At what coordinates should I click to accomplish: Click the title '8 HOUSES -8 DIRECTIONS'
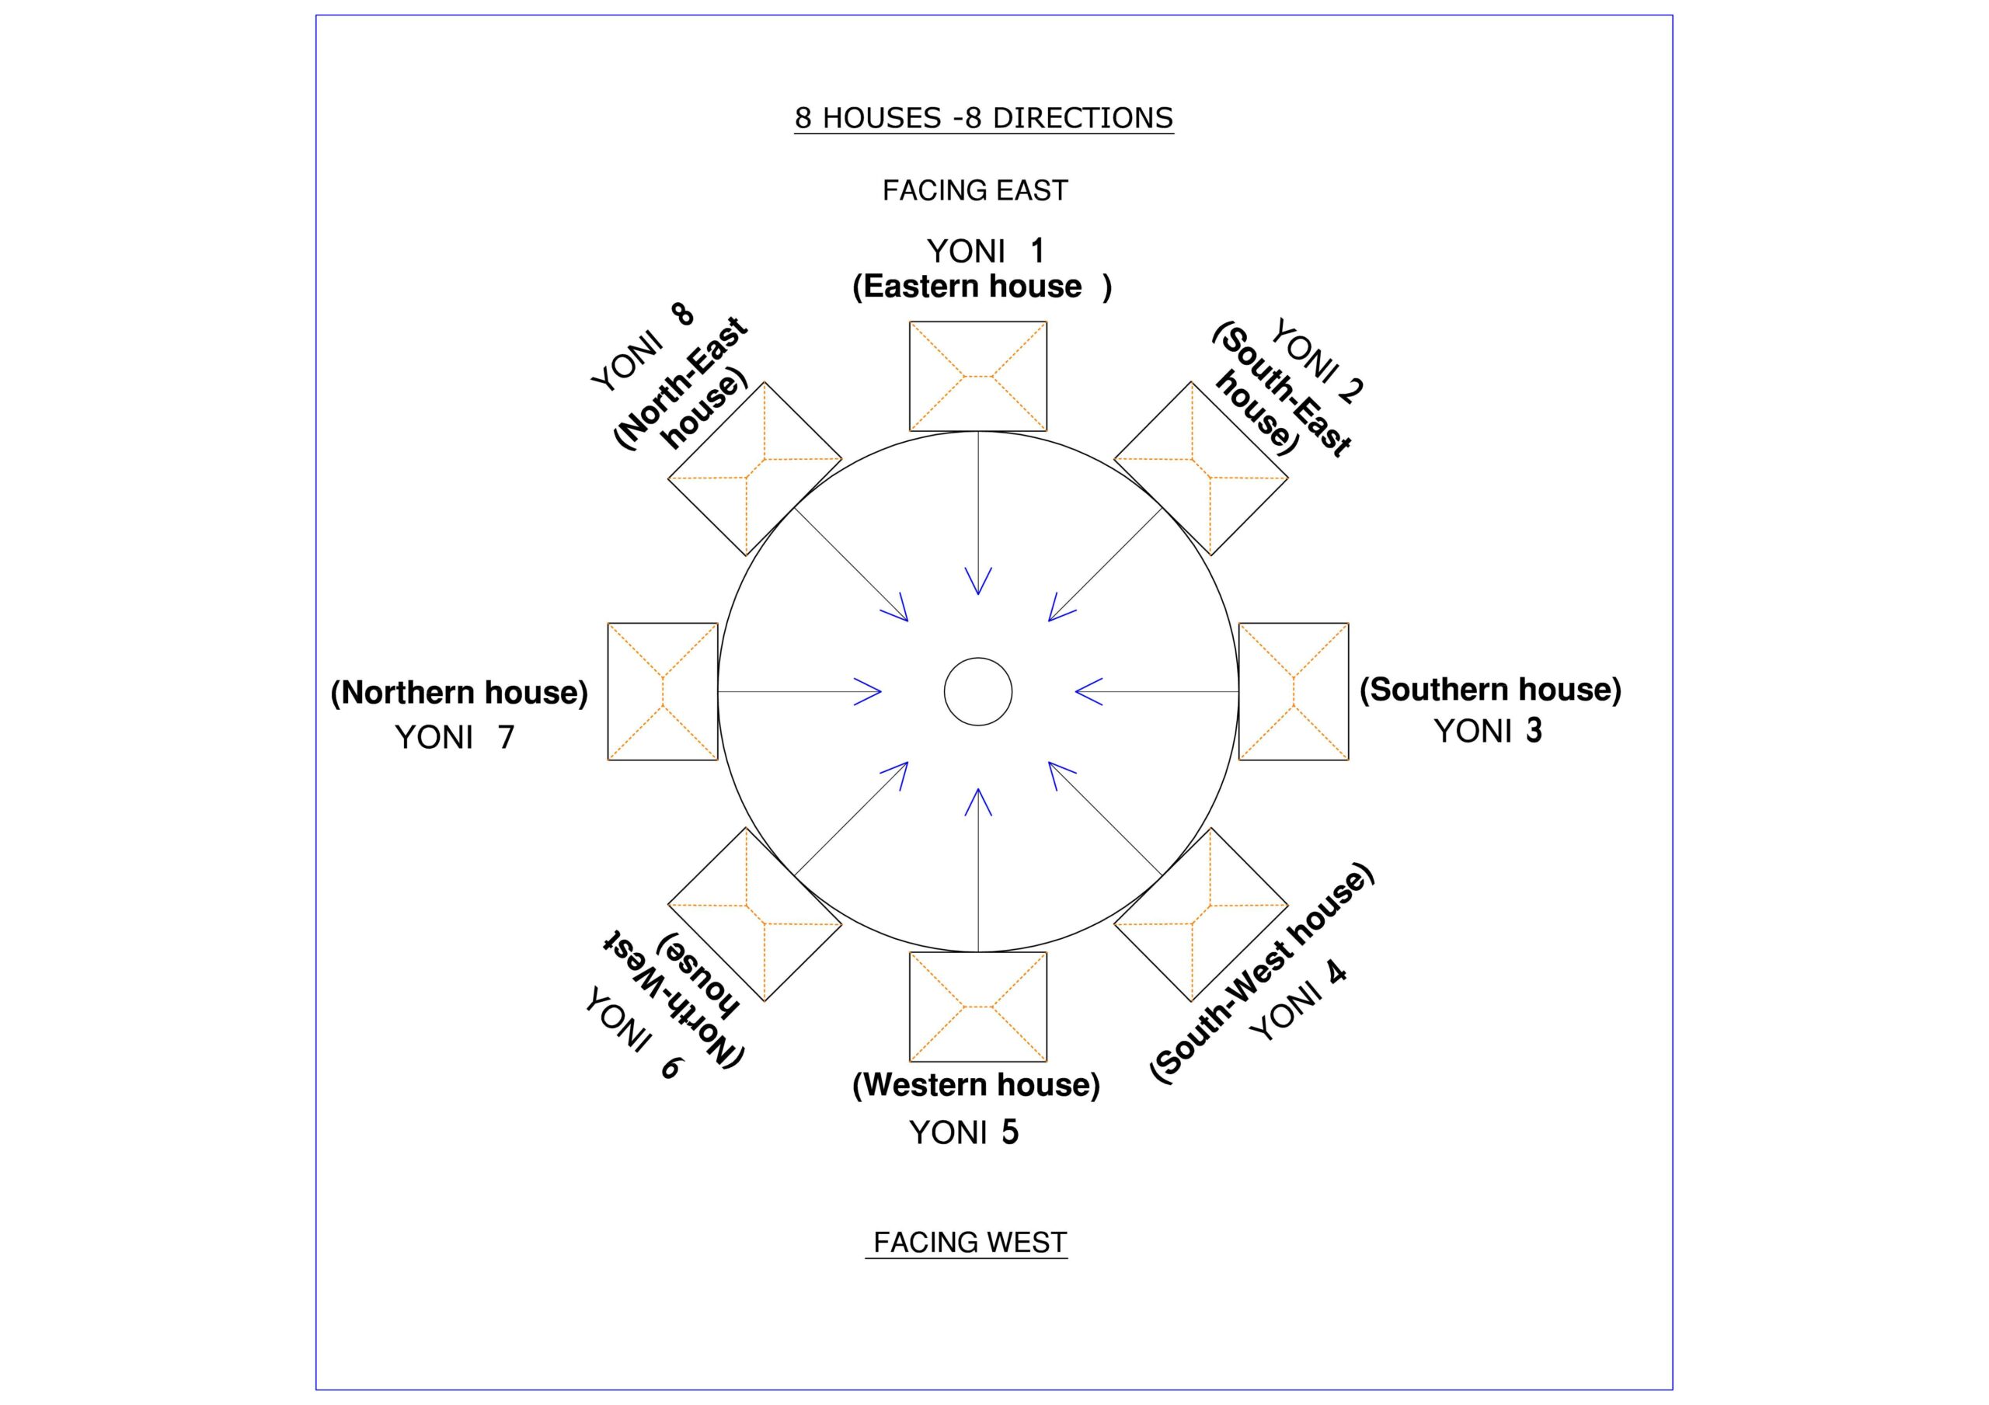point(984,118)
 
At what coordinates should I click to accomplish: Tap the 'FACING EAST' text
point(974,190)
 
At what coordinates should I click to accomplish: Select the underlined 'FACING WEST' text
point(970,1242)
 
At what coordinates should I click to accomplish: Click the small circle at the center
point(978,691)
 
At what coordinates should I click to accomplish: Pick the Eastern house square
point(978,376)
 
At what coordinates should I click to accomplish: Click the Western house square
point(978,1007)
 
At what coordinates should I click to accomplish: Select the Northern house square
point(663,691)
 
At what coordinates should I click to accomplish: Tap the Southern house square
point(1294,691)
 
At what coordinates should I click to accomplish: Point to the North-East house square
point(754,468)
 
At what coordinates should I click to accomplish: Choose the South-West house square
point(1200,915)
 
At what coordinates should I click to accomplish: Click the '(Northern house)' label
point(459,693)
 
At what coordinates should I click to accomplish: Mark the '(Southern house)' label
point(1490,690)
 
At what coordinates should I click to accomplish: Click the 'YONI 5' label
point(963,1132)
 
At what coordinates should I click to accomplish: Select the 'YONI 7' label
point(455,737)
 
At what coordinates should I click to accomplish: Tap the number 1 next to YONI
point(1037,251)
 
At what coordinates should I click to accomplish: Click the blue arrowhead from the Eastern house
point(978,582)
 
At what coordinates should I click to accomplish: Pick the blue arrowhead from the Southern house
point(1088,691)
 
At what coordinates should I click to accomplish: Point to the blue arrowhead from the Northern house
point(869,691)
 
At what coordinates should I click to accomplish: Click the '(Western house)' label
point(977,1084)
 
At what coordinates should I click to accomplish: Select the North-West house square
point(754,915)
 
